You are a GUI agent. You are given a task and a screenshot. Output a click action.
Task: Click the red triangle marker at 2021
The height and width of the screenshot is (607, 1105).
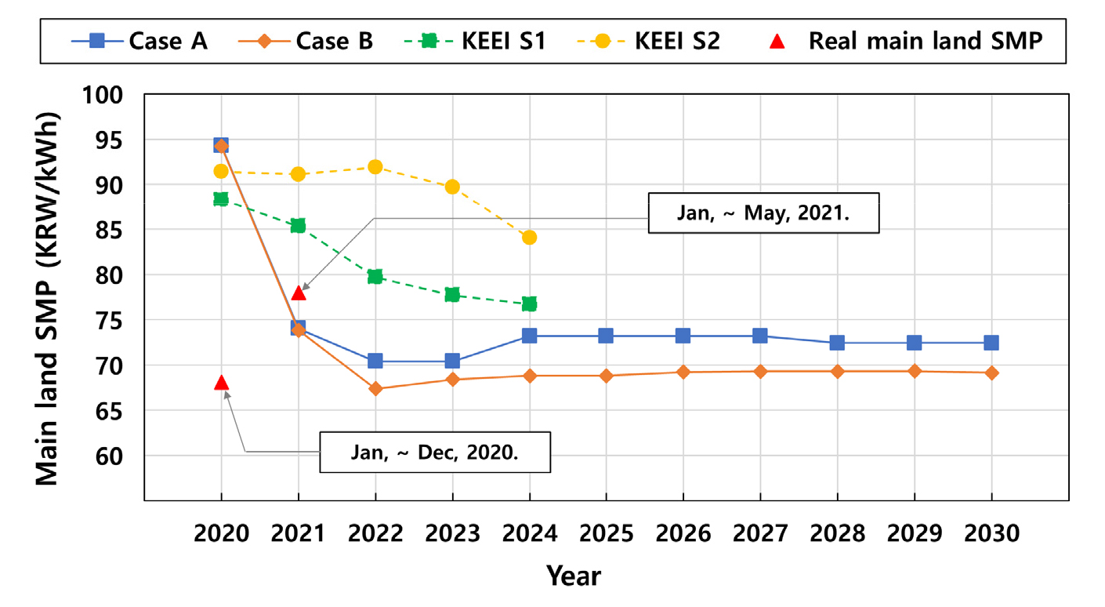pyautogui.click(x=298, y=293)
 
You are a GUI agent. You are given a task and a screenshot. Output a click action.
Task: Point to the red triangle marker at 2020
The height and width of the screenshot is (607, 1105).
pyautogui.click(x=221, y=383)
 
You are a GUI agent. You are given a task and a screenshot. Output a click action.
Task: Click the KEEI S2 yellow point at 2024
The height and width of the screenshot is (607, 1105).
pyautogui.click(x=529, y=237)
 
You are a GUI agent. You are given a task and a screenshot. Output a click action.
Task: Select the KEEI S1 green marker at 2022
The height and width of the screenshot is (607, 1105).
pyautogui.click(x=375, y=276)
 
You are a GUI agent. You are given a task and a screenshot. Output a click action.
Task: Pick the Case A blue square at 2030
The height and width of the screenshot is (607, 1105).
pyautogui.click(x=991, y=343)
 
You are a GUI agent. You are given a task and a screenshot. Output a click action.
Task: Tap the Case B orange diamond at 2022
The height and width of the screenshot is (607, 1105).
pyautogui.click(x=375, y=388)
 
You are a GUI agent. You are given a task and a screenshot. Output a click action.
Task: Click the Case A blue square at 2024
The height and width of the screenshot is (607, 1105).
pyautogui.click(x=529, y=336)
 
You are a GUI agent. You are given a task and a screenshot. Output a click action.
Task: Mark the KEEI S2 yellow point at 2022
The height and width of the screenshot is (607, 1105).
pyautogui.click(x=375, y=167)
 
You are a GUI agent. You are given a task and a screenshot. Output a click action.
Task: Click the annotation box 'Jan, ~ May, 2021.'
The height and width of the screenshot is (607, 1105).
pyautogui.click(x=763, y=214)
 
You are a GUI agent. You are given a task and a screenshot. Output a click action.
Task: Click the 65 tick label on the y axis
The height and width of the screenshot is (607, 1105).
pyautogui.click(x=114, y=411)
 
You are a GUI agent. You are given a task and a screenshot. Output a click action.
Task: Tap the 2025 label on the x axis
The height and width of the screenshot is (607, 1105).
pyautogui.click(x=606, y=534)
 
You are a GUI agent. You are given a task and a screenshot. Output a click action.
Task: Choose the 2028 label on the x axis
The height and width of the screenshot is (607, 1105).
pyautogui.click(x=837, y=534)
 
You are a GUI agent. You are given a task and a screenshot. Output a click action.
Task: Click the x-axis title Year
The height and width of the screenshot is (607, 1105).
pyautogui.click(x=574, y=576)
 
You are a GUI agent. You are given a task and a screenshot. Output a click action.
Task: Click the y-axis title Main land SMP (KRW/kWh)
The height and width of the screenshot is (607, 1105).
pyautogui.click(x=49, y=297)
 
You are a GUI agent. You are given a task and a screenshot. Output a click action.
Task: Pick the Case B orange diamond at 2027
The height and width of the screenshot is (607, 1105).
pyautogui.click(x=760, y=371)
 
